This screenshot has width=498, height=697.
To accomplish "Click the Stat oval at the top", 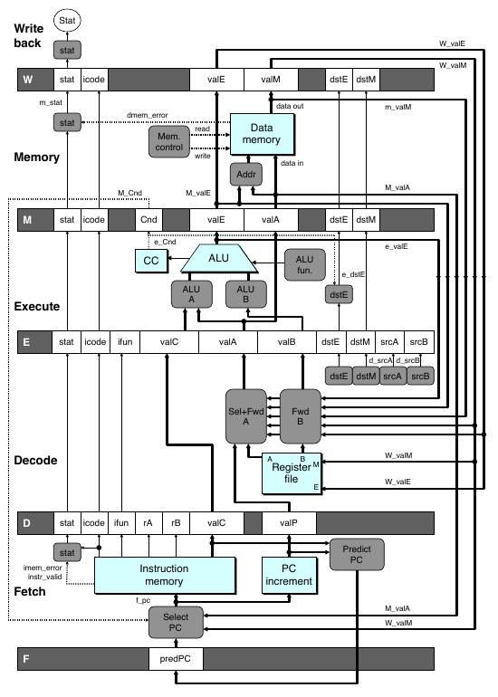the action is click(x=67, y=21).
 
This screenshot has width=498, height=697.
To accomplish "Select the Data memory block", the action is click(x=262, y=134).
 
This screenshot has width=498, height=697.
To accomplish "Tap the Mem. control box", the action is click(x=169, y=142).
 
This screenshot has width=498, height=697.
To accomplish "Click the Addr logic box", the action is click(x=246, y=174).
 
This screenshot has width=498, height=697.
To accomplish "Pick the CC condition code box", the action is click(x=151, y=261).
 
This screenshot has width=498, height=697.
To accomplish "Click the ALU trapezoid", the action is click(x=219, y=258).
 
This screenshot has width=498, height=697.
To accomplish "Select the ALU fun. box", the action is click(x=304, y=264).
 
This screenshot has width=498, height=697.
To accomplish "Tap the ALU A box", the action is click(x=192, y=294).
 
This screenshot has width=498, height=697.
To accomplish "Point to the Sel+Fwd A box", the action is click(x=246, y=416).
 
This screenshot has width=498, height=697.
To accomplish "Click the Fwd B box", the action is click(x=300, y=416).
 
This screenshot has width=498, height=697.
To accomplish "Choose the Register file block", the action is click(x=292, y=473).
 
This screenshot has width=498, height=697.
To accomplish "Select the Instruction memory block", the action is click(x=165, y=575).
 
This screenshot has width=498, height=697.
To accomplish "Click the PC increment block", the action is click(x=290, y=575).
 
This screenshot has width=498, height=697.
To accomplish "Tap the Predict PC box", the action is click(x=357, y=554).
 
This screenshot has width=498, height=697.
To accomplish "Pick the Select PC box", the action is click(x=176, y=623).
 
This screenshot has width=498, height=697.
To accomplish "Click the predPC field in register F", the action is click(x=176, y=659).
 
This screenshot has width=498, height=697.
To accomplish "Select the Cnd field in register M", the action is click(x=148, y=220).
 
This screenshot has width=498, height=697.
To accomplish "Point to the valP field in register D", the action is click(x=289, y=523).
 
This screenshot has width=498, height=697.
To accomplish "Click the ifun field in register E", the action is click(x=125, y=342).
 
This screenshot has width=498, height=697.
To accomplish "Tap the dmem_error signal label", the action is click(x=148, y=115).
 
